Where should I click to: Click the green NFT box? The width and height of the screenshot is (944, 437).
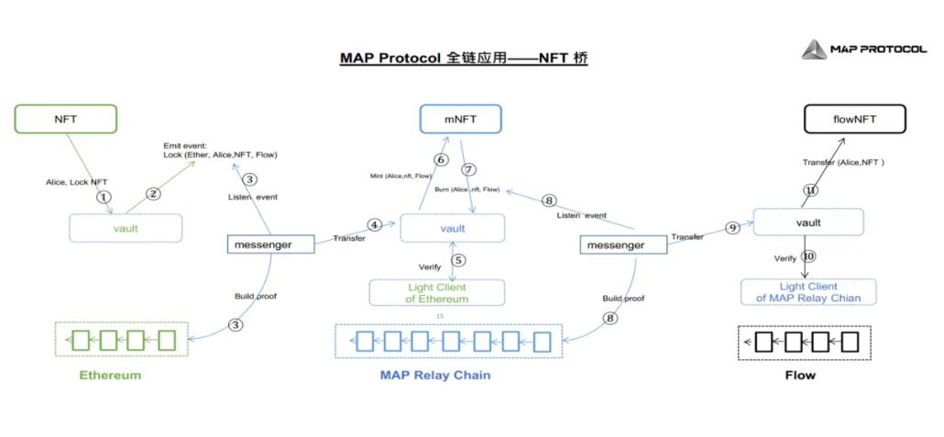[66, 118]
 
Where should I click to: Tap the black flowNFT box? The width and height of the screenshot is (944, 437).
[854, 118]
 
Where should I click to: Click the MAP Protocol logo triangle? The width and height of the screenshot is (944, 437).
[814, 49]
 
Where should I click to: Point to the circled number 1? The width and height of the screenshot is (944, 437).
[104, 196]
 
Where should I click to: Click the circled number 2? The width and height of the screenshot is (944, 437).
[153, 193]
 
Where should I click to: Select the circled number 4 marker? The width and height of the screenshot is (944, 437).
[374, 224]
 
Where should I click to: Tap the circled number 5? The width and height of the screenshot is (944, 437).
[458, 259]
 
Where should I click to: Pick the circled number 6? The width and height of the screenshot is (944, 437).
[441, 160]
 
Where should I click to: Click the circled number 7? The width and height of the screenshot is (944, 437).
[469, 169]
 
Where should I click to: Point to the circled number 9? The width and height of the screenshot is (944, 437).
[732, 228]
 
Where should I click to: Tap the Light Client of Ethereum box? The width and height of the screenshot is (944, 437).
[437, 293]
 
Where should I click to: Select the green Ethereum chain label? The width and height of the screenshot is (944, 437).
[110, 375]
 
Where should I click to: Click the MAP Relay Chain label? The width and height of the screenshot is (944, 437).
[434, 375]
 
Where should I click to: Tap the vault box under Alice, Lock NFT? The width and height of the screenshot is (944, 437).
[126, 228]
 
